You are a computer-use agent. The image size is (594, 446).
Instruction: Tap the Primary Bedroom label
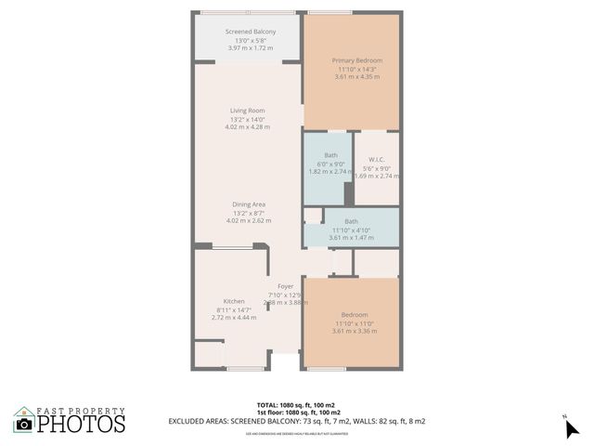[357, 60]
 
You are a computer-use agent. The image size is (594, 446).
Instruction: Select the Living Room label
[248, 111]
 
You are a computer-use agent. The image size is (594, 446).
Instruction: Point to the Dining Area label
[249, 204]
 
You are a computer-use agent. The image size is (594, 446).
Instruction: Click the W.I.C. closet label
[376, 158]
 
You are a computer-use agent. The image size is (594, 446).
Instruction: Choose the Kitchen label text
[233, 301]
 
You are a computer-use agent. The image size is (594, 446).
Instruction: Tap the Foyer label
[285, 286]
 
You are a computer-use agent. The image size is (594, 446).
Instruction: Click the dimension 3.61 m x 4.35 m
[357, 77]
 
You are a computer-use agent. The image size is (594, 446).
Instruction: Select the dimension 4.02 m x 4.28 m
[248, 127]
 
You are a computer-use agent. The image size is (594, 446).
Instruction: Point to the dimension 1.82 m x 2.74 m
[330, 172]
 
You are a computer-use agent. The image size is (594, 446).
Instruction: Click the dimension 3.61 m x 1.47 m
[352, 237]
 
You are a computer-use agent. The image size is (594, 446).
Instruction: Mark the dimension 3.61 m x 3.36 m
[354, 331]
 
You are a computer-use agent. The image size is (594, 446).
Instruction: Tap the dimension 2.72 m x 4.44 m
[233, 318]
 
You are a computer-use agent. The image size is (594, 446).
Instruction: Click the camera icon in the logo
[24, 424]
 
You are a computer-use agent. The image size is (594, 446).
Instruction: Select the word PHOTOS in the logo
[81, 424]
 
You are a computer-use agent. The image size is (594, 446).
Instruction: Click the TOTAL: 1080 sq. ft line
[296, 404]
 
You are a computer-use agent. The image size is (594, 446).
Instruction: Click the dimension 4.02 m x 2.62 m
[249, 221]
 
